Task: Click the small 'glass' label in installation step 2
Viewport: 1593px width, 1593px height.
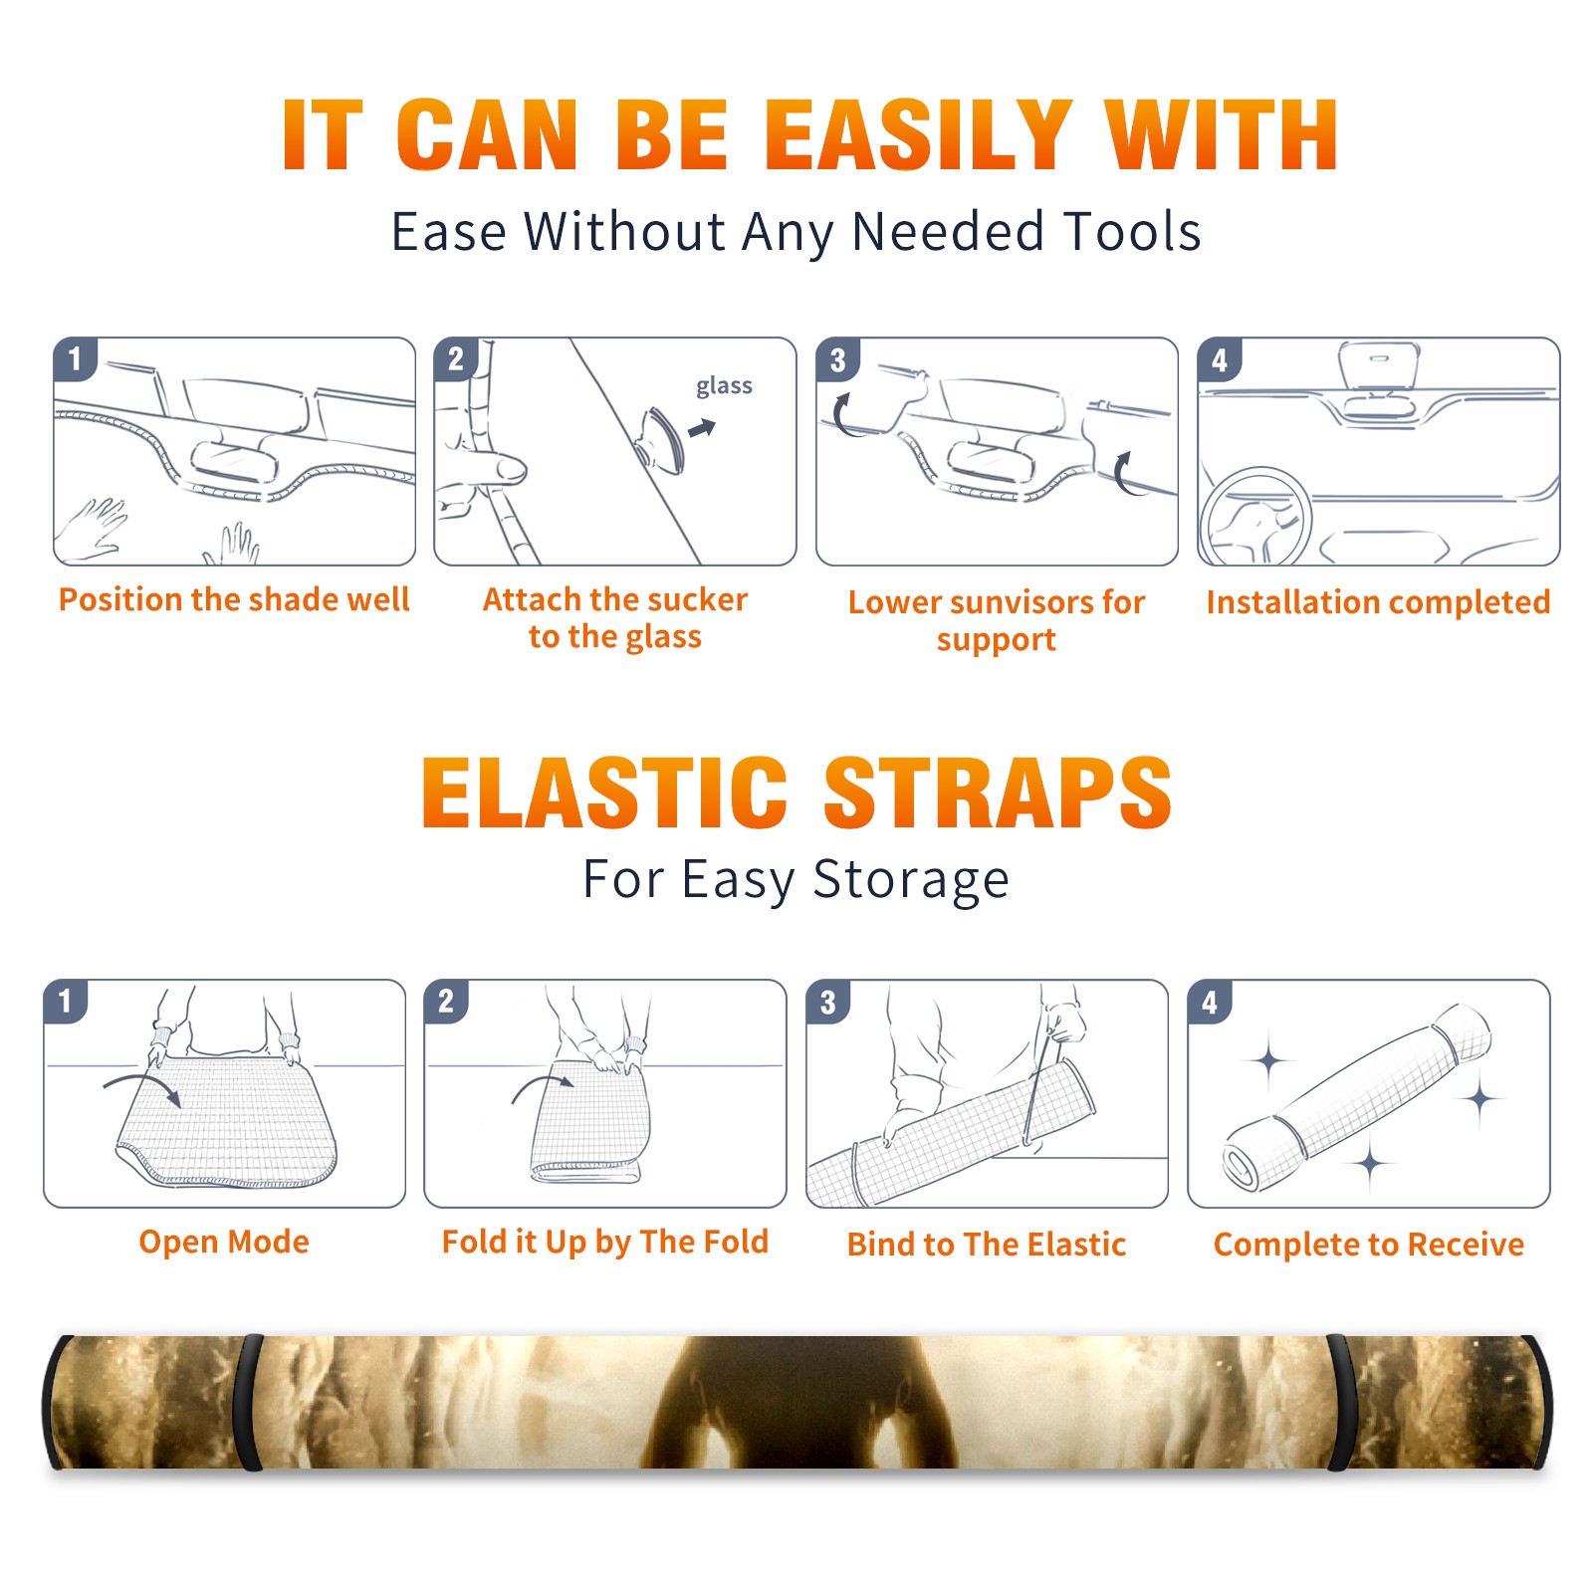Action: (x=724, y=386)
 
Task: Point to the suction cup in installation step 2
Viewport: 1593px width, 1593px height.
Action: (x=663, y=438)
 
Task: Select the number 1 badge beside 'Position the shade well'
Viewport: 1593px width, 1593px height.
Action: (x=75, y=358)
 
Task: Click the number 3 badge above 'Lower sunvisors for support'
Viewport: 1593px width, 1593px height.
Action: (x=837, y=358)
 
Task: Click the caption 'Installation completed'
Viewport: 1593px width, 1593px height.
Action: (x=1378, y=601)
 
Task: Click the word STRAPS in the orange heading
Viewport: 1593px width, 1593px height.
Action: (x=998, y=793)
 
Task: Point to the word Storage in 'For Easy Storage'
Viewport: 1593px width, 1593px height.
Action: (x=910, y=880)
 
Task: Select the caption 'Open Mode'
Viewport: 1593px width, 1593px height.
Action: (x=224, y=1242)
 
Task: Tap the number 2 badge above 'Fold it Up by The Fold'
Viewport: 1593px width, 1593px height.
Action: (x=445, y=1001)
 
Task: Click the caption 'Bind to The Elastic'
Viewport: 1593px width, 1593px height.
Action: (x=986, y=1244)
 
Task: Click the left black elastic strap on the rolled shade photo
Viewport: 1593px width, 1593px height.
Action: (x=248, y=1402)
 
